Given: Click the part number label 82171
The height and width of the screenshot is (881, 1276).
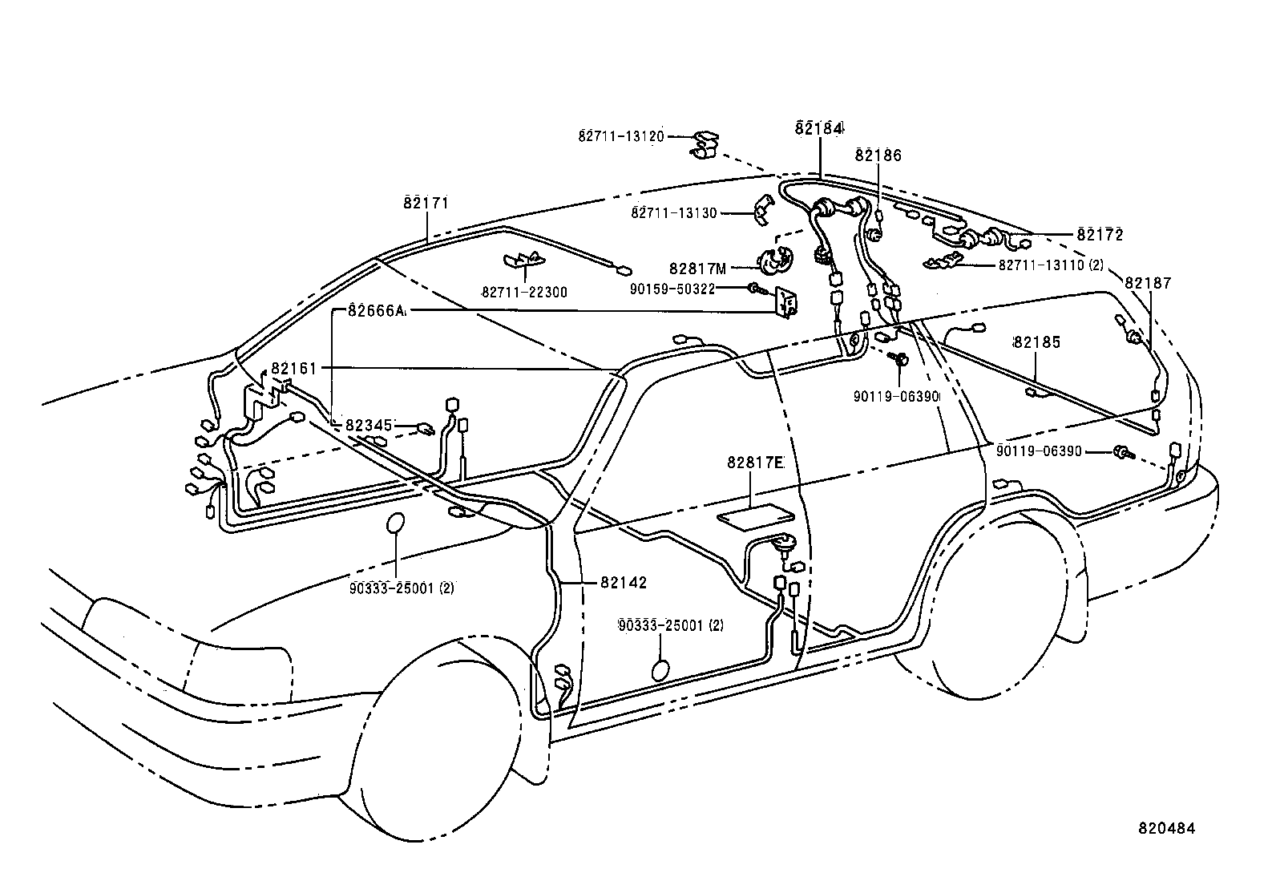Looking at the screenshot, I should pyautogui.click(x=426, y=203).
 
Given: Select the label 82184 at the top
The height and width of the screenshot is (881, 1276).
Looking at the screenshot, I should pyautogui.click(x=820, y=127).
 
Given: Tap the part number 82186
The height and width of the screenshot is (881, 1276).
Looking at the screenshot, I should pyautogui.click(x=878, y=156).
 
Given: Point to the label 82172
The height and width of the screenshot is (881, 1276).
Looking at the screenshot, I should pyautogui.click(x=1100, y=235).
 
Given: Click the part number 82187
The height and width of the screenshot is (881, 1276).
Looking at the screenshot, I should pyautogui.click(x=1148, y=283).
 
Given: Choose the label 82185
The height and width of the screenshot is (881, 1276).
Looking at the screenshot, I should pyautogui.click(x=1036, y=342).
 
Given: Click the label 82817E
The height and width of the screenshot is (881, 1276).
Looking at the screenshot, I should pyautogui.click(x=755, y=463).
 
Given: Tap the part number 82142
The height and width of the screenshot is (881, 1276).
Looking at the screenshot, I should pyautogui.click(x=623, y=583).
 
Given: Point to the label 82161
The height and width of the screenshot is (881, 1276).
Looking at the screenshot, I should pyautogui.click(x=294, y=369).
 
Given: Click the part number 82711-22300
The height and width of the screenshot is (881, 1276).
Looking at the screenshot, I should pyautogui.click(x=524, y=293).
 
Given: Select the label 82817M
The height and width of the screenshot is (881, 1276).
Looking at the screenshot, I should pyautogui.click(x=697, y=268).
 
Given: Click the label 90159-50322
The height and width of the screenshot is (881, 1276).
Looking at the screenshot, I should pyautogui.click(x=672, y=289).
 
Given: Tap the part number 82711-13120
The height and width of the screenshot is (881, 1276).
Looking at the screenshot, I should pyautogui.click(x=621, y=136).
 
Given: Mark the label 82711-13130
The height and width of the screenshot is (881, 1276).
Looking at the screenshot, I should pyautogui.click(x=673, y=212).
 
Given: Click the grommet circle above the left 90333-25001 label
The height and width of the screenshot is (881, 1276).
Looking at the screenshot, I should pyautogui.click(x=396, y=524).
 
